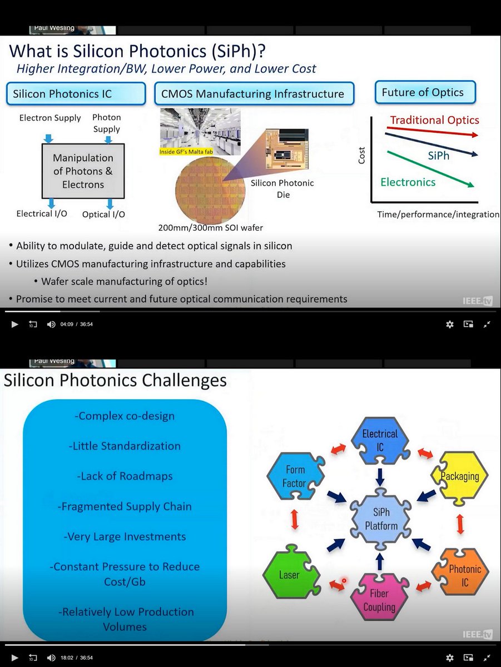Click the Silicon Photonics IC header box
pyautogui.click(x=76, y=94)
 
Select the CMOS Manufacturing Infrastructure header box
pyautogui.click(x=252, y=94)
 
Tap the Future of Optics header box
pyautogui.click(x=423, y=93)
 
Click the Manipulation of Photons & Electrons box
pyautogui.click(x=83, y=171)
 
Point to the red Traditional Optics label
pyautogui.click(x=434, y=120)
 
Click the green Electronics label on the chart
pyautogui.click(x=408, y=182)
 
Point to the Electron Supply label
pyautogui.click(x=50, y=118)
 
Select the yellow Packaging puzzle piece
pyautogui.click(x=459, y=476)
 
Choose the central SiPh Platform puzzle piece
pyautogui.click(x=381, y=519)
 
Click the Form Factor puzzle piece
pyautogui.click(x=295, y=477)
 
